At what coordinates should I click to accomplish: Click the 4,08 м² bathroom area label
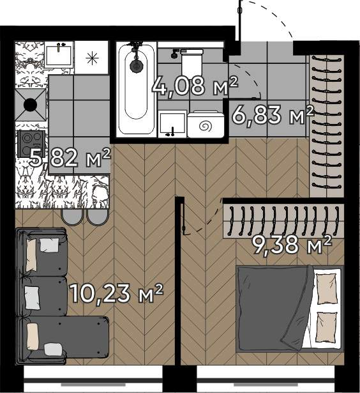coord(195,86)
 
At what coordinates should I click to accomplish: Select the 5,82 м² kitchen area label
coord(70,158)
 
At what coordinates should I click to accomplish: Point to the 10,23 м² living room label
coord(117,293)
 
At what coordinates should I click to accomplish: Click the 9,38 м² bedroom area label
coord(292,245)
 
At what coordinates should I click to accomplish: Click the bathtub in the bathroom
coord(137,89)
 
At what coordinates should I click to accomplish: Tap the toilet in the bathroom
coord(192,61)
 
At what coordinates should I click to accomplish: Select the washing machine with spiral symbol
coord(206,125)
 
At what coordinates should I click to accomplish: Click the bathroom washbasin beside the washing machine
coord(172,124)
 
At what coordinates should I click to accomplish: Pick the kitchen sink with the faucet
coord(59,54)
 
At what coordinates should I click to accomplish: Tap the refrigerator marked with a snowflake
coord(92,58)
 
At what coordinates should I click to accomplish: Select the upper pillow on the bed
coord(326,288)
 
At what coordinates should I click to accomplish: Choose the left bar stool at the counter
coord(72,217)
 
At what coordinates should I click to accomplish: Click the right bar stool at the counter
coord(98,217)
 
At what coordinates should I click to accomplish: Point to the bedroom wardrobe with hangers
coord(283,221)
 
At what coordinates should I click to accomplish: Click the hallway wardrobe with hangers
coord(326,125)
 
